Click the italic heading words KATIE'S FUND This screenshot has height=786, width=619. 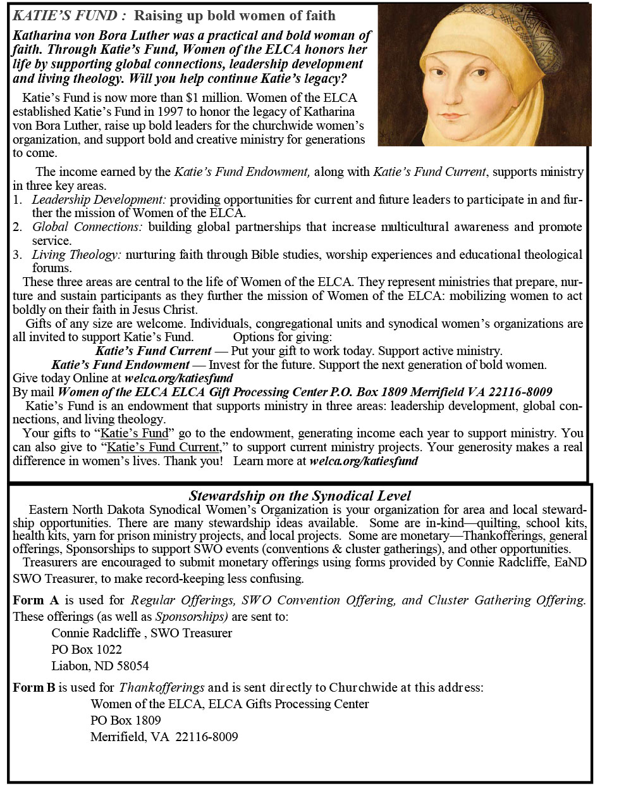coord(65,15)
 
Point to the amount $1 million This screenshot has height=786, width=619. coord(214,97)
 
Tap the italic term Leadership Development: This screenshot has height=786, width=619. coord(99,199)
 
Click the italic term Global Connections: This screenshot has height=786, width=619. coord(87,227)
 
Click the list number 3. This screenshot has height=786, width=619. coord(17,254)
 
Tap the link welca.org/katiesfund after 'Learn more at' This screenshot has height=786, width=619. coord(364,461)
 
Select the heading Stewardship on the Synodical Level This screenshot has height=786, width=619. coord(300,496)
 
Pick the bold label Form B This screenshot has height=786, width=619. coord(34,687)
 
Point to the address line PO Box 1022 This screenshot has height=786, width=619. coord(87,649)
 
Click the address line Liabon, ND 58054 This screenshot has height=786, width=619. coord(100,666)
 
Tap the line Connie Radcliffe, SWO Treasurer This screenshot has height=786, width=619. coord(142,633)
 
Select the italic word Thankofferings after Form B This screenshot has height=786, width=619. coord(162,687)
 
